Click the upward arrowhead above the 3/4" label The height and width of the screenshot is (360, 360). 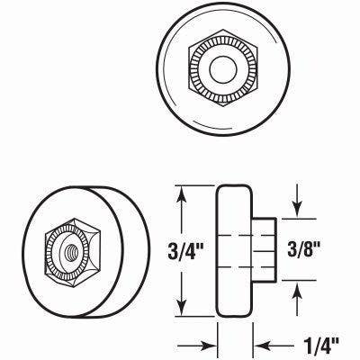pos(184,193)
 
